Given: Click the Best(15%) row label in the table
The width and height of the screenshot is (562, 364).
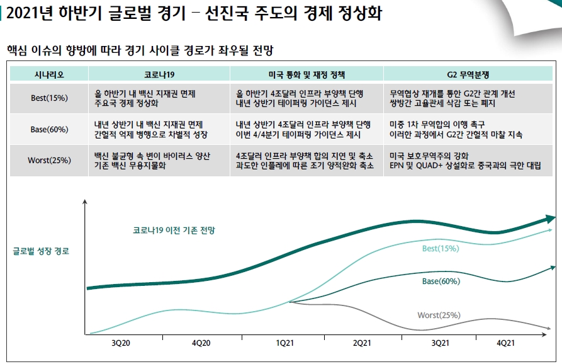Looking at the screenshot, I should (x=49, y=98).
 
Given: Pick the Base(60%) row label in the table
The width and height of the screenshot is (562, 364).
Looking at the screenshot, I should (x=49, y=130).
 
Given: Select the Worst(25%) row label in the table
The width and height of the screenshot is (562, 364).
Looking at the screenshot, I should (x=49, y=160).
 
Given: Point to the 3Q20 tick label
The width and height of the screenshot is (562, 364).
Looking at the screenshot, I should (x=120, y=343).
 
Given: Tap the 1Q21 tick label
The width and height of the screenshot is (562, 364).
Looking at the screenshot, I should (x=284, y=343).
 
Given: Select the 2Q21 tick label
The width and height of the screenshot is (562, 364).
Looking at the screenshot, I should (x=362, y=343).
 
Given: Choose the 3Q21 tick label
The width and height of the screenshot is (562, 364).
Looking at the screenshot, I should (x=440, y=343).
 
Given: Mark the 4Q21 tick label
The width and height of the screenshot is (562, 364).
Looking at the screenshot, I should (x=506, y=343).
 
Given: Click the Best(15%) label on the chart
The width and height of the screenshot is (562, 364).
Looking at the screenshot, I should (x=440, y=249).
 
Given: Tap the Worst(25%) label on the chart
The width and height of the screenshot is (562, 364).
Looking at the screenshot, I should (x=439, y=315).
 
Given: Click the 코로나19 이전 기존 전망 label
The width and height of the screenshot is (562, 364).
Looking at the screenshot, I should (x=174, y=230).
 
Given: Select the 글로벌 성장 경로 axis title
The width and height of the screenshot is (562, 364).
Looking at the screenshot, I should (x=41, y=251).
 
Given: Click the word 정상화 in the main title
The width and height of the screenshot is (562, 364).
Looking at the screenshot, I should (x=357, y=14).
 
